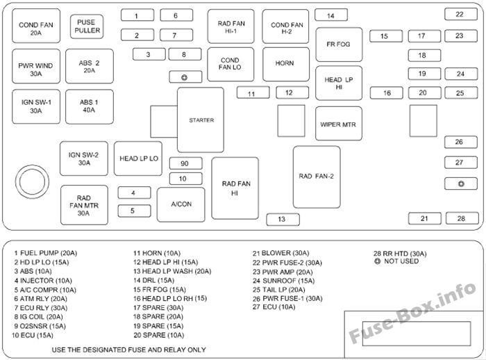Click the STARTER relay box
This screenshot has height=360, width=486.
[x=201, y=120]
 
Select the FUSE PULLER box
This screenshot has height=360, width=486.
[x=87, y=26]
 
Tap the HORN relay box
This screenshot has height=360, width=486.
[x=286, y=64]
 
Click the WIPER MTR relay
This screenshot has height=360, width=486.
[x=339, y=124]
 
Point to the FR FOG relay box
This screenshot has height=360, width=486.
[x=339, y=44]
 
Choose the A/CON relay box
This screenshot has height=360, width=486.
[x=181, y=204]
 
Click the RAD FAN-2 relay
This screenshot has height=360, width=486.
[x=317, y=177]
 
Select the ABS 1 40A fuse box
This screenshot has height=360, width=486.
[x=90, y=106]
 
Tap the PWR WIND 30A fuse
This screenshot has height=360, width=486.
[x=36, y=66]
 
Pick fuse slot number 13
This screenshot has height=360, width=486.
[x=283, y=220]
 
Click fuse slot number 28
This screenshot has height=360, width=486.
[x=462, y=218]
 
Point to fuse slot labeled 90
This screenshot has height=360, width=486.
[x=185, y=163]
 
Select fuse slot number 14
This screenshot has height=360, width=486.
[x=331, y=15]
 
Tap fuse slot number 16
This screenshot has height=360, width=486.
[x=387, y=93]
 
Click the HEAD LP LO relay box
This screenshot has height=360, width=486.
[x=138, y=158]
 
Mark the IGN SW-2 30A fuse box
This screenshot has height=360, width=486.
[x=84, y=158]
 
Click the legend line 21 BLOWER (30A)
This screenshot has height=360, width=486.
[x=280, y=253]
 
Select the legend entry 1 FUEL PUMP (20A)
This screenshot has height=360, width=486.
[x=46, y=253]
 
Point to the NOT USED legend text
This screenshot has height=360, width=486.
[x=401, y=261]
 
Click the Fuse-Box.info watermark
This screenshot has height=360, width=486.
[x=412, y=313]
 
